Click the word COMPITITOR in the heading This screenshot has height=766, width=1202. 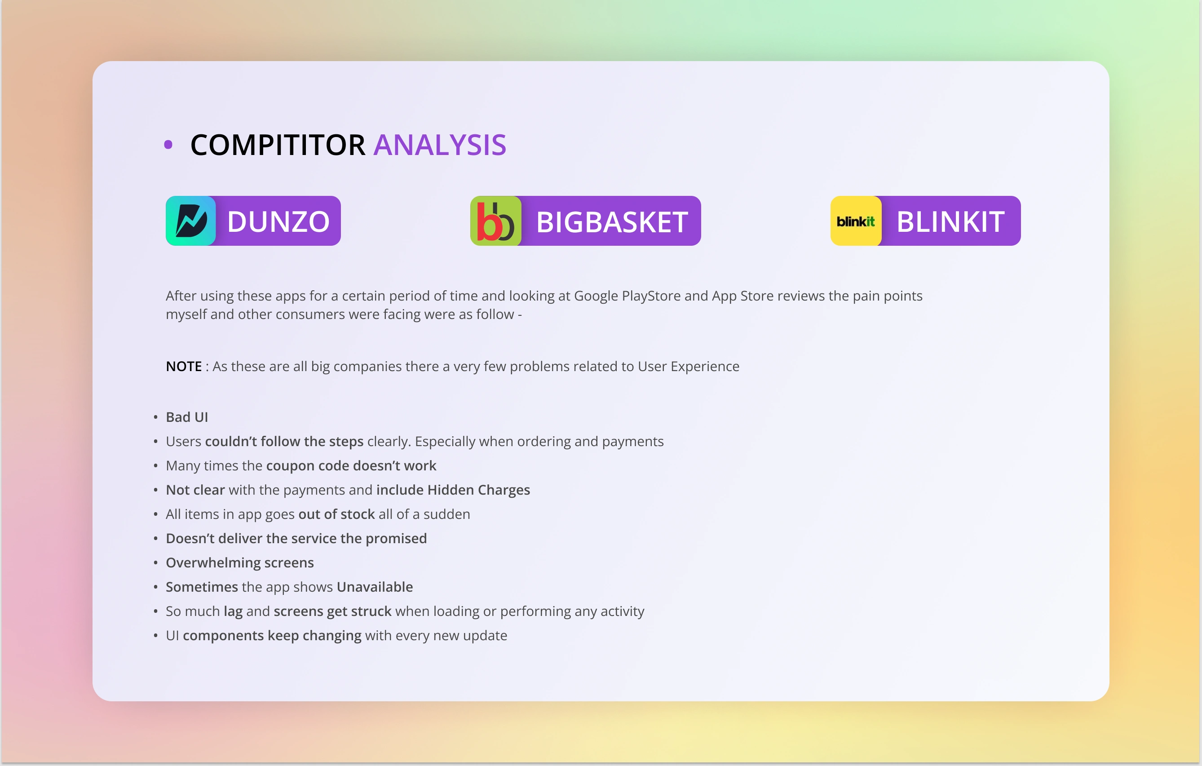[x=278, y=145]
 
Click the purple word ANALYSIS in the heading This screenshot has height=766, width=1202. [x=440, y=145]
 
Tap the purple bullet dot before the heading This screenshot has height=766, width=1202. [x=168, y=145]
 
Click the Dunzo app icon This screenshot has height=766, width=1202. [x=191, y=221]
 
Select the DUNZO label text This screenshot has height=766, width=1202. [x=278, y=221]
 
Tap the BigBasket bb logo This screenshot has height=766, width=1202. [x=496, y=221]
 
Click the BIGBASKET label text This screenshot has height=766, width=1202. [x=612, y=221]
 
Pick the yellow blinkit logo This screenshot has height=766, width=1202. [x=856, y=221]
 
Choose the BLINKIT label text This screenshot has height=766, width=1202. [x=950, y=221]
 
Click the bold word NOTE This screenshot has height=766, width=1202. [x=184, y=367]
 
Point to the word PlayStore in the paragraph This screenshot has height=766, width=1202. [x=651, y=296]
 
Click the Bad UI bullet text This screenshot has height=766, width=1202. [x=187, y=417]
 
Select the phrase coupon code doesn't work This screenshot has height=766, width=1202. [x=351, y=466]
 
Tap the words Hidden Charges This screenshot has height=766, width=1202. [x=479, y=490]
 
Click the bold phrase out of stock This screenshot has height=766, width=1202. [x=336, y=514]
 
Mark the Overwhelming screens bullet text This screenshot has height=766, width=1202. [x=239, y=563]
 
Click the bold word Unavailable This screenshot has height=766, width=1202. [x=375, y=587]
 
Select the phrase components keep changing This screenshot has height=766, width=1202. [x=272, y=636]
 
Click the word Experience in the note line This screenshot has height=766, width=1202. [x=705, y=367]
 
